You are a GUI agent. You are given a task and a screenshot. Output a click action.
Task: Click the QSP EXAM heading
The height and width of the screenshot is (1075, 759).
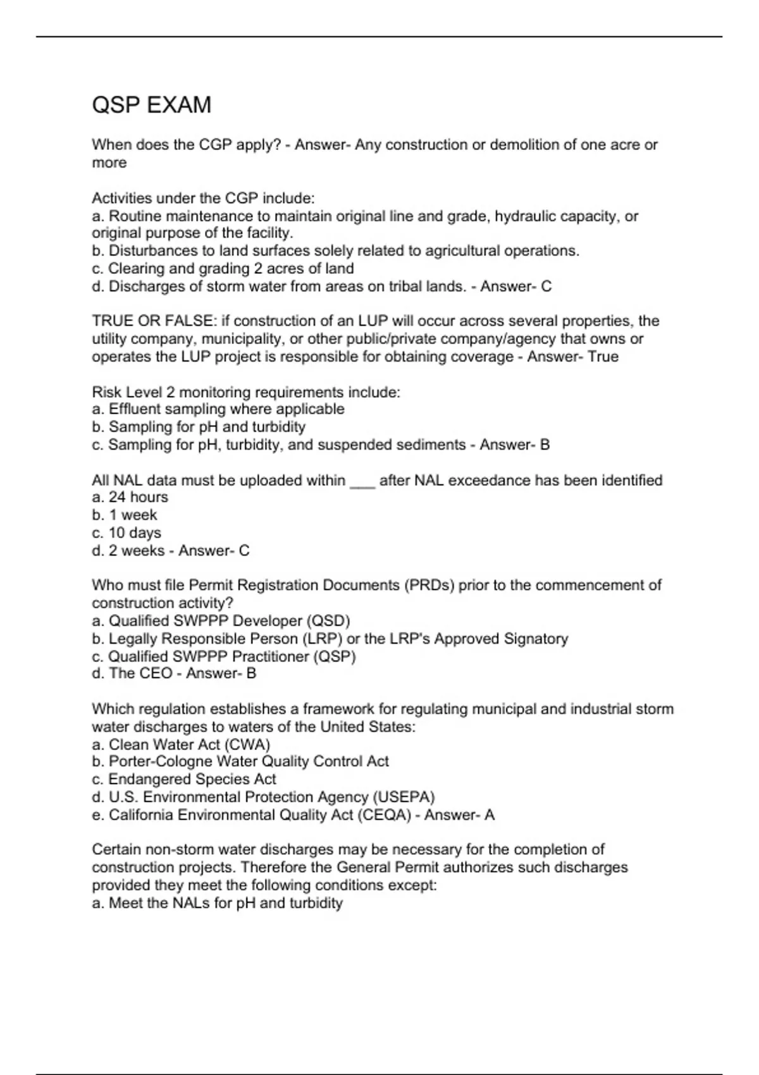tap(152, 105)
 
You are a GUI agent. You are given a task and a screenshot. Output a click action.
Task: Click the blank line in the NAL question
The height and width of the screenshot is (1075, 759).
tap(362, 481)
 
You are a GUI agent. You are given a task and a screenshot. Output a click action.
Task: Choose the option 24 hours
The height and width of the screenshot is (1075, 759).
tap(138, 497)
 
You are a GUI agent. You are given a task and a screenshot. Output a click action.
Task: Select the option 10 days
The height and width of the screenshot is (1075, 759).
tap(134, 533)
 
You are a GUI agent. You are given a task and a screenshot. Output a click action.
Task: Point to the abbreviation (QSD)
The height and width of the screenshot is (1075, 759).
tap(328, 621)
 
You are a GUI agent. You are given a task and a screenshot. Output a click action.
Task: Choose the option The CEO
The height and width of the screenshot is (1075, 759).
tap(140, 673)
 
